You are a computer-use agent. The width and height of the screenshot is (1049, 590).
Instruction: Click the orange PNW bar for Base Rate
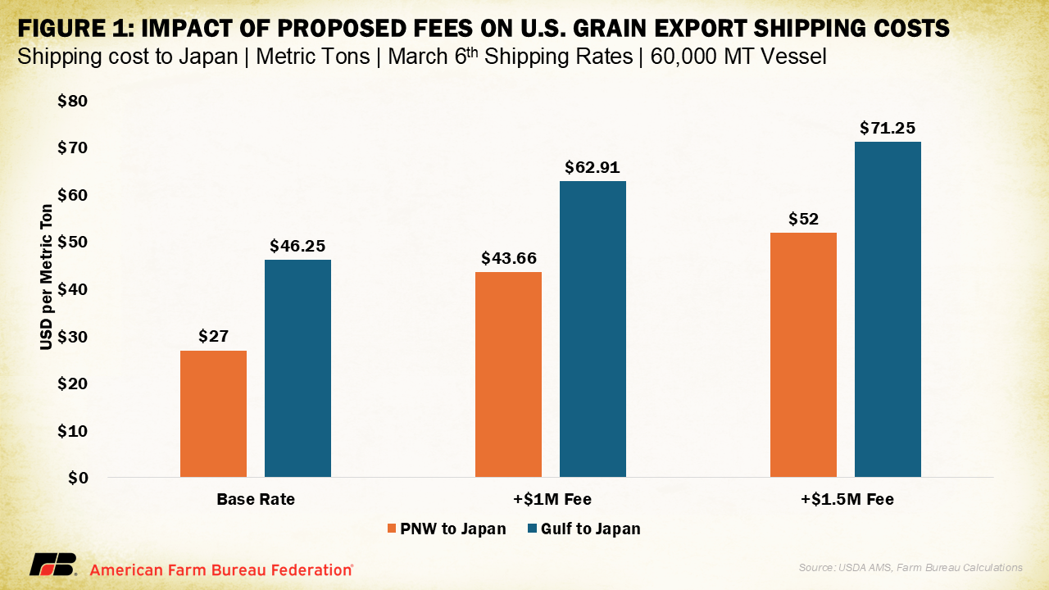[213, 414]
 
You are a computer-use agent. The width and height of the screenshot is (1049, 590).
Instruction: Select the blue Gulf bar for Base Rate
[297, 368]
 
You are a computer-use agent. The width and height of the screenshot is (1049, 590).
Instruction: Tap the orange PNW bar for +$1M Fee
[508, 374]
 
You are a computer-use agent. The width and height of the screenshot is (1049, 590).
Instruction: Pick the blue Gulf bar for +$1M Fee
[593, 329]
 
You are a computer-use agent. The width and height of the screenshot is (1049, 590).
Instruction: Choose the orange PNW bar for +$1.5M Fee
[803, 355]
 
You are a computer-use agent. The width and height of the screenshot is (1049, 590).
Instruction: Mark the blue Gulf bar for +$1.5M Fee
[888, 309]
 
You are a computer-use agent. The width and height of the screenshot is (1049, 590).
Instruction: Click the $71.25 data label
[887, 128]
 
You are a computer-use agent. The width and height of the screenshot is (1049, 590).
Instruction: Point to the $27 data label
[213, 336]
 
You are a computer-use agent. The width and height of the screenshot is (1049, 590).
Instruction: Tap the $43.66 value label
[508, 258]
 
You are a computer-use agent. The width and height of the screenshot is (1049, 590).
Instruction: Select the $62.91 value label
[593, 167]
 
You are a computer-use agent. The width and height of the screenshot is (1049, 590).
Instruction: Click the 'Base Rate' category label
[256, 499]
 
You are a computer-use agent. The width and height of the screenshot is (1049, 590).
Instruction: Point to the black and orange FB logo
[53, 565]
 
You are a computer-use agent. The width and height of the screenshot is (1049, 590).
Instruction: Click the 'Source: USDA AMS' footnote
[910, 567]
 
